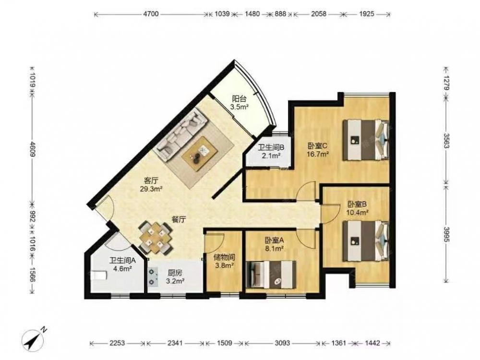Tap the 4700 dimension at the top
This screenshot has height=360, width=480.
[151, 14]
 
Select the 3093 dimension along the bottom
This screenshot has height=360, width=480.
[282, 343]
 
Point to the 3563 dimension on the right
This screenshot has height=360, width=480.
[446, 141]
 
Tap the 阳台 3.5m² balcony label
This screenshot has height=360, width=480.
[239, 103]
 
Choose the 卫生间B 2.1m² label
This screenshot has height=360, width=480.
[271, 152]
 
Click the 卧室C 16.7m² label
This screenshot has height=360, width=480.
[318, 150]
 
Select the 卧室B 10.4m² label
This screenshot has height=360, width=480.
[357, 208]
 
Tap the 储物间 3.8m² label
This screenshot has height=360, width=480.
[224, 261]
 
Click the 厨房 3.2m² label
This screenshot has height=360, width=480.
[175, 276]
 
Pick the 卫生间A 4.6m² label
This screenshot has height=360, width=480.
[122, 265]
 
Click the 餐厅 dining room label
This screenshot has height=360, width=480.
[179, 219]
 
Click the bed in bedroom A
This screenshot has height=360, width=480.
[271, 274]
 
